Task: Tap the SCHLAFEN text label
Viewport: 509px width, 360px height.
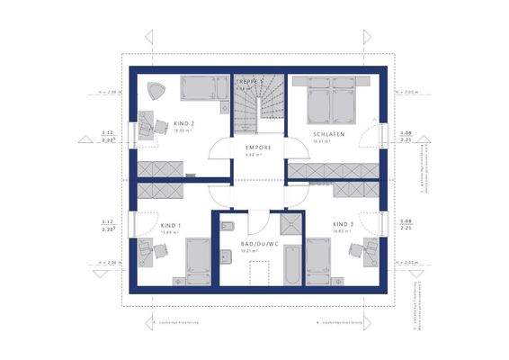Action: point(329,132)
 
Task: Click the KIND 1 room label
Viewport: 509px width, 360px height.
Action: point(171,225)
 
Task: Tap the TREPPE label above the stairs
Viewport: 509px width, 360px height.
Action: point(249,82)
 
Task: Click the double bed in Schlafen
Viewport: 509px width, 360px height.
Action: point(328,99)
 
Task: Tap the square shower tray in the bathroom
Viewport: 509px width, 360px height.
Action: point(290,225)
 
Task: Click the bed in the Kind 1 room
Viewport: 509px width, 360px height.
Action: point(198,261)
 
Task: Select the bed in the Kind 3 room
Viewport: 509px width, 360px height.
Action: point(318,261)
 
